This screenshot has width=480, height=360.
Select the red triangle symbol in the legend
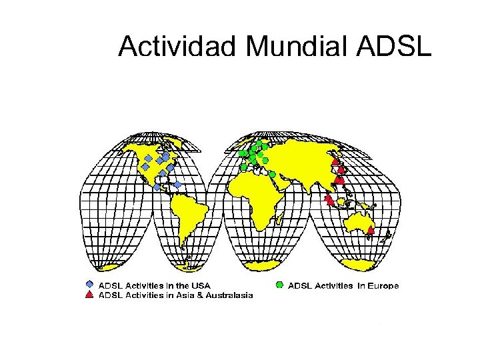point(90,294)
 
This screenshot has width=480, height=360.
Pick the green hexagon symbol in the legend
point(280,285)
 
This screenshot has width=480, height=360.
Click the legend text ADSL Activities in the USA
point(155,286)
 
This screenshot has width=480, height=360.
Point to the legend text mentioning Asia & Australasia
point(176,295)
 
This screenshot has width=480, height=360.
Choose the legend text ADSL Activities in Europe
point(343,286)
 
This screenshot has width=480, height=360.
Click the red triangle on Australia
point(371,229)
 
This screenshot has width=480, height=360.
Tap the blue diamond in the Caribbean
point(178,184)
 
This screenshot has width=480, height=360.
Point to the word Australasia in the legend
point(229,295)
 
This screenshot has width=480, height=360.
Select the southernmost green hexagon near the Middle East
point(273,174)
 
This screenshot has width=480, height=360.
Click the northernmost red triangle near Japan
point(335,161)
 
